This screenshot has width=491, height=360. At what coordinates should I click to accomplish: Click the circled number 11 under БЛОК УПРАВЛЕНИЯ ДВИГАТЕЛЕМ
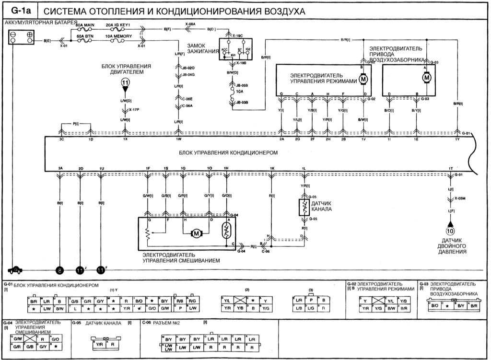pyautogui.click(x=125, y=83)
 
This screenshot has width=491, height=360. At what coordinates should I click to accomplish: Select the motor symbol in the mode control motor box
pyautogui.click(x=363, y=78)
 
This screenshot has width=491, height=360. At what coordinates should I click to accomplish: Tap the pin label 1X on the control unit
pyautogui.click(x=125, y=139)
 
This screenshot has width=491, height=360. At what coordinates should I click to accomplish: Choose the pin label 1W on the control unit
pyautogui.click(x=178, y=139)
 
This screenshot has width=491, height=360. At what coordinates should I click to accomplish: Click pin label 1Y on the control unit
pyautogui.click(x=457, y=139)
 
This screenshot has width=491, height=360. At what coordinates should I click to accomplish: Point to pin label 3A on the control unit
pyautogui.click(x=60, y=169)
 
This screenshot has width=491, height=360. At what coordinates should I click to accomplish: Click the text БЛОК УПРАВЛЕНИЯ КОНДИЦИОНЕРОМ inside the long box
pyautogui.click(x=222, y=152)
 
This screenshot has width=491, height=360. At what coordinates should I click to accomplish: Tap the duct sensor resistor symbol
pyautogui.click(x=304, y=207)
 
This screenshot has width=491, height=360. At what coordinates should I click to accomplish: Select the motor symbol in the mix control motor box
pyautogui.click(x=197, y=233)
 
